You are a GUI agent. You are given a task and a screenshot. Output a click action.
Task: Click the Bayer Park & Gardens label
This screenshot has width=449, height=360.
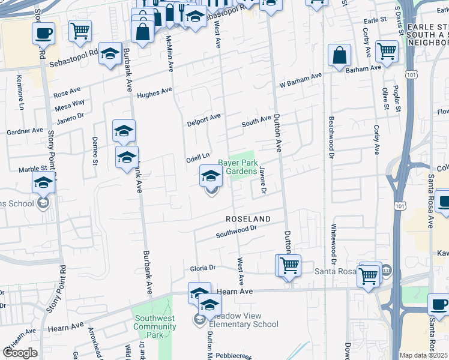(237, 167)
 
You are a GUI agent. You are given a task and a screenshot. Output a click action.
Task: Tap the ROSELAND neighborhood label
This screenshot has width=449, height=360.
(248, 219)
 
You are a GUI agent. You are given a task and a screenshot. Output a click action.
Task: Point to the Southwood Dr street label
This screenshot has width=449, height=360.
(237, 231)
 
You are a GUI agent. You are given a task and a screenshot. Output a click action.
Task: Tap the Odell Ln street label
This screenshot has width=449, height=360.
(197, 157)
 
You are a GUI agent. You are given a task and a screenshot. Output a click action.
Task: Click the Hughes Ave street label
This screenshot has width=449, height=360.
(154, 94)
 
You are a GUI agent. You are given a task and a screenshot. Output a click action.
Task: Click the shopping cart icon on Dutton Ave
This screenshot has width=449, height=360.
(288, 265)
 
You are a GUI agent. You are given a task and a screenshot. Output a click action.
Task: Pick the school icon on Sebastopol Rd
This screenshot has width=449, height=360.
(110, 53)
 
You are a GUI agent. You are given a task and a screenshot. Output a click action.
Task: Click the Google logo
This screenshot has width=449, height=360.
(20, 352)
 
